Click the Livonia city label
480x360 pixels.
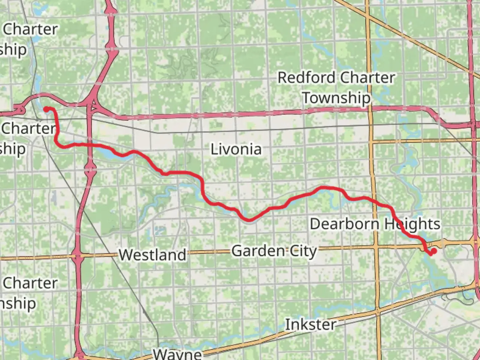pyautogui.click(x=236, y=149)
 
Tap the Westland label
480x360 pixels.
pyautogui.click(x=153, y=255)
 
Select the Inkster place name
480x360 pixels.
pyautogui.click(x=310, y=324)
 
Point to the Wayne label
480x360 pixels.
pyautogui.click(x=177, y=354)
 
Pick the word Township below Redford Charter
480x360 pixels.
pyautogui.click(x=336, y=98)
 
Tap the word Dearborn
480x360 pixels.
pyautogui.click(x=345, y=224)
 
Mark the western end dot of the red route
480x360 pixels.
pyautogui.click(x=47, y=109)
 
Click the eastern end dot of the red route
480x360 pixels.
pyautogui.click(x=434, y=251)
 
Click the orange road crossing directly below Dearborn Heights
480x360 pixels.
pyautogui.click(x=376, y=247)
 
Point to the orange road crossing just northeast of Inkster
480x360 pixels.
pyautogui.click(x=378, y=311)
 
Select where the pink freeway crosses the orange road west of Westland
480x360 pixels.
pyautogui.click(x=78, y=256)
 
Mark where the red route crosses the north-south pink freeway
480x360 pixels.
pyautogui.click(x=89, y=145)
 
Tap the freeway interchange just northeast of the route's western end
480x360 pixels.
pyautogui.click(x=92, y=105)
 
